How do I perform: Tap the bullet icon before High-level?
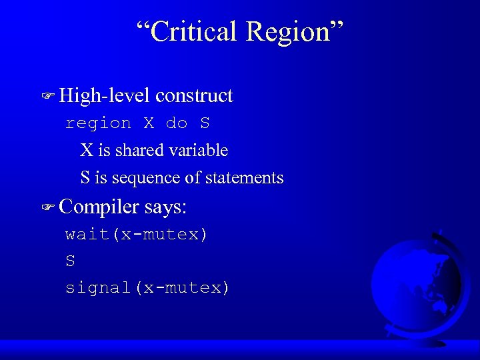(47, 97)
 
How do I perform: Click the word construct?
(194, 96)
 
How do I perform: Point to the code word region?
(98, 123)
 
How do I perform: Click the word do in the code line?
(177, 123)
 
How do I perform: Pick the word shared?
(139, 151)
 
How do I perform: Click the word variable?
(197, 151)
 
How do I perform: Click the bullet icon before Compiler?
(47, 207)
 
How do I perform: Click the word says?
(165, 207)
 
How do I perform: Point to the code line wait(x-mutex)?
(137, 234)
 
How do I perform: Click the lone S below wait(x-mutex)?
(70, 261)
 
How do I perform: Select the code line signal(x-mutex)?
(147, 288)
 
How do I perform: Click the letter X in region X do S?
(149, 123)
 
